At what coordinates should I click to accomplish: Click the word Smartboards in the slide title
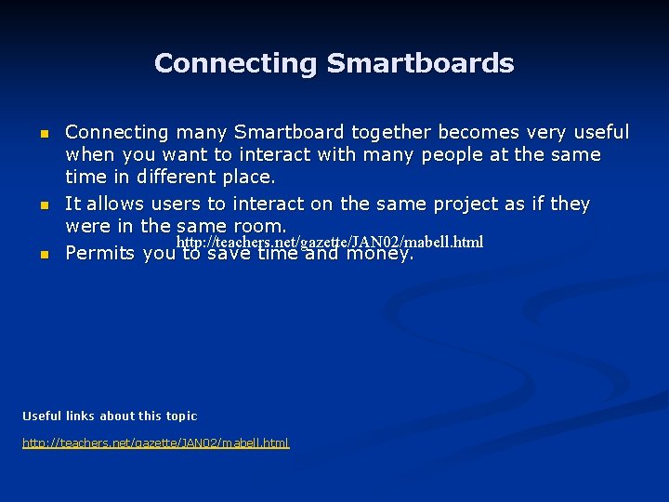click(420, 63)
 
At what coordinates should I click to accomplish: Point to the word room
click(260, 226)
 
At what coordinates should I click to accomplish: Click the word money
click(379, 254)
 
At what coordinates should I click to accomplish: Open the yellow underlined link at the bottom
click(156, 443)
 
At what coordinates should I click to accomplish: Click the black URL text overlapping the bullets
click(330, 242)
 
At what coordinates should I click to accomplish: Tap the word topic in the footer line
click(181, 416)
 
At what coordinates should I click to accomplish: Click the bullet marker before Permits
click(43, 253)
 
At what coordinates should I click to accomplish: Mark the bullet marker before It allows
click(43, 204)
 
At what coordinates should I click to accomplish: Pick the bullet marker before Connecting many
click(43, 133)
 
